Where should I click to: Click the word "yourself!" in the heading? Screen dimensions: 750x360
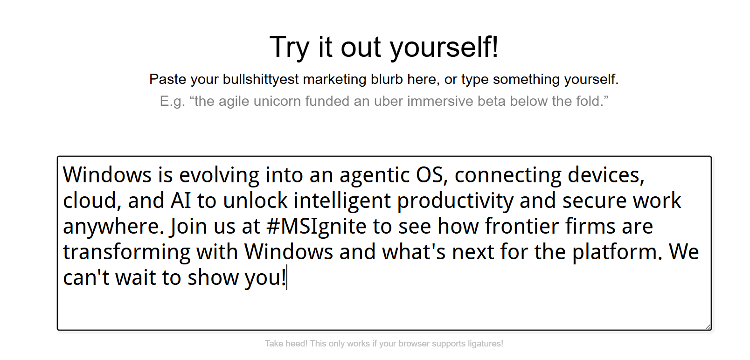tap(444, 48)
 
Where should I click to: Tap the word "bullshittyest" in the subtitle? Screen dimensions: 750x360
tap(261, 80)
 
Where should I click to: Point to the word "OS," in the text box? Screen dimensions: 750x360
tap(432, 175)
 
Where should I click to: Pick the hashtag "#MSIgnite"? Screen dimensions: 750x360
tap(317, 226)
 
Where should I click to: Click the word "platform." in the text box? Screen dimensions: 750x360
tap(617, 252)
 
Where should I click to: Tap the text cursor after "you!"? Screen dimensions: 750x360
tap(287, 277)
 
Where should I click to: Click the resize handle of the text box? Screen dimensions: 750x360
tap(708, 327)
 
